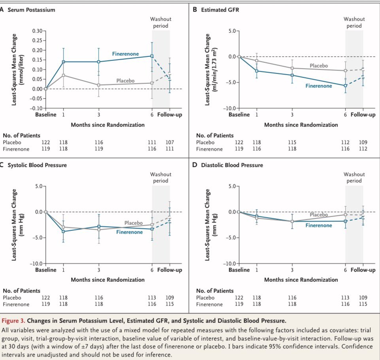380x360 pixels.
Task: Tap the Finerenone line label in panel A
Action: tap(125, 54)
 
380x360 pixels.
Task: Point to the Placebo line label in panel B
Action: tap(319, 66)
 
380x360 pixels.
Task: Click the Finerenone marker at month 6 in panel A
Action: tap(152, 56)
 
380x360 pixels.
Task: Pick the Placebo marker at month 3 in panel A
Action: tap(98, 85)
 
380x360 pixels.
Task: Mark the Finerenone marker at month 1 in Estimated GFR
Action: tap(256, 71)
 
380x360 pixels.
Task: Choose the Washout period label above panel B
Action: tap(354, 23)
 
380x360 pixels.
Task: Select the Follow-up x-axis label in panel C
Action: tap(170, 270)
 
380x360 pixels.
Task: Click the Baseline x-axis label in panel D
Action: tap(239, 270)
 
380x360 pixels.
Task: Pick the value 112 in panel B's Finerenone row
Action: tap(363, 149)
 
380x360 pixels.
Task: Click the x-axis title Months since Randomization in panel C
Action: tap(108, 280)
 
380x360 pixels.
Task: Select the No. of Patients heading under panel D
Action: tap(215, 291)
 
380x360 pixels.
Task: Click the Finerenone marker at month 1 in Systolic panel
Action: tap(63, 232)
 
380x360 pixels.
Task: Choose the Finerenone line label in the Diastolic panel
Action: tap(319, 225)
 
